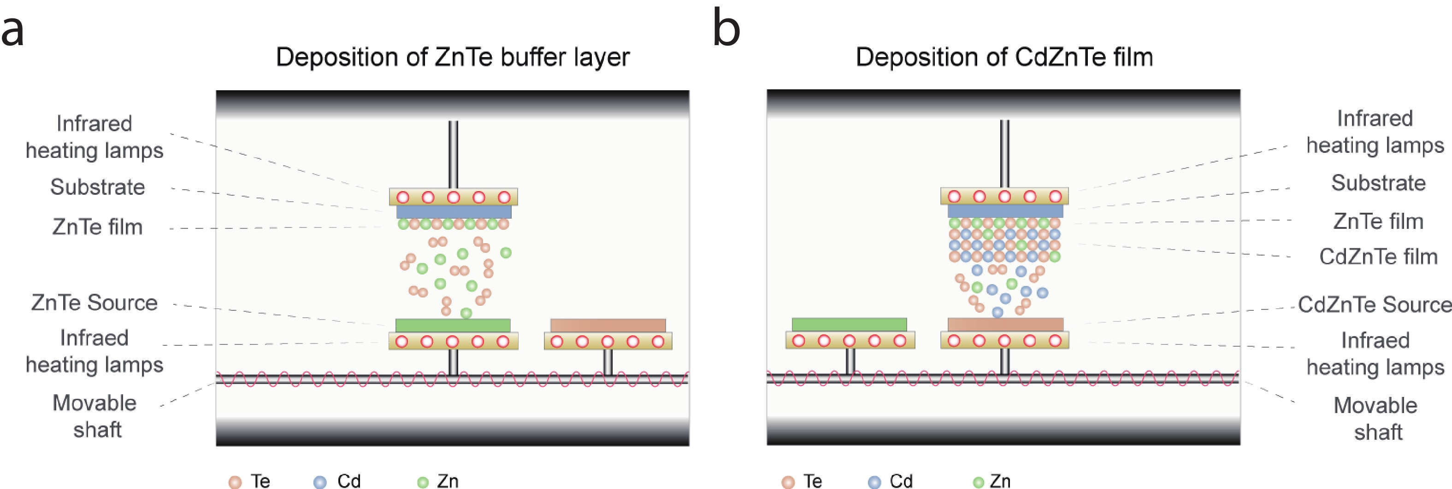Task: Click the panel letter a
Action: pyautogui.click(x=13, y=30)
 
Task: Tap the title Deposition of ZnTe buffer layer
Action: pyautogui.click(x=453, y=58)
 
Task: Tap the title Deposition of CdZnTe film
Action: pyautogui.click(x=1004, y=57)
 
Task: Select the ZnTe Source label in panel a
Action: pyautogui.click(x=94, y=303)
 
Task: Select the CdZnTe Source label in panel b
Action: pyautogui.click(x=1375, y=304)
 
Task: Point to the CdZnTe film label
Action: pyautogui.click(x=1378, y=256)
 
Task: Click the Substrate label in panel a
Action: pyautogui.click(x=98, y=187)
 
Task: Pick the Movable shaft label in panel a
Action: pyautogui.click(x=94, y=416)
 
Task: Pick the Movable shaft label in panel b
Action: pyautogui.click(x=1375, y=419)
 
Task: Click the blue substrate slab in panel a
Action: pyautogui.click(x=454, y=212)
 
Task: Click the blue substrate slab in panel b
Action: pyautogui.click(x=1005, y=211)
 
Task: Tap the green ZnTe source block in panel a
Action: pyautogui.click(x=453, y=326)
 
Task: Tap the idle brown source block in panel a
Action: pyautogui.click(x=608, y=326)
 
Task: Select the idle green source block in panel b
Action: pyautogui.click(x=850, y=325)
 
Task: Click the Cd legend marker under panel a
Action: pyautogui.click(x=319, y=482)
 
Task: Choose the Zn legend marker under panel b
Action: pyautogui.click(x=979, y=482)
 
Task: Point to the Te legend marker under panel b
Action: pyautogui.click(x=788, y=482)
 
